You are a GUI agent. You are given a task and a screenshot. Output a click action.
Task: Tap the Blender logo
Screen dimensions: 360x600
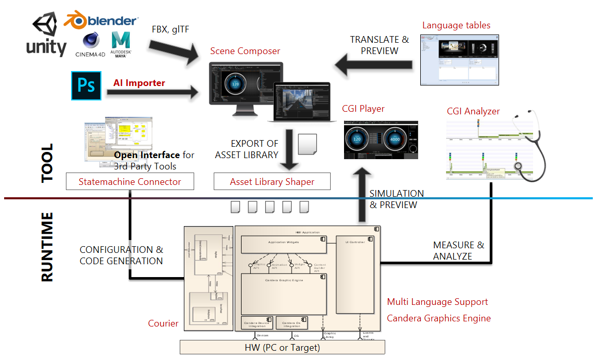pos(100,21)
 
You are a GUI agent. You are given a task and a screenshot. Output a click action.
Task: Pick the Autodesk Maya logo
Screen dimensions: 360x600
pos(122,44)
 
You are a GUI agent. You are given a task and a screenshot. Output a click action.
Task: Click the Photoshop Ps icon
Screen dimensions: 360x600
pos(87,86)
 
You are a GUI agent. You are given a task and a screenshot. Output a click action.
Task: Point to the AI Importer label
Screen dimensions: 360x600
pos(139,83)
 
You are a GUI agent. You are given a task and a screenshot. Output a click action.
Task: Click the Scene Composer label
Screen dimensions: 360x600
pos(245,51)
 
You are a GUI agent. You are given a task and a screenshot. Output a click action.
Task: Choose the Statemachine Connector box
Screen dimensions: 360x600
pos(130,181)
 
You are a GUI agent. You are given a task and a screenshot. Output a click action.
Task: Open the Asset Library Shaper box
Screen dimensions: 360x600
pos(272,181)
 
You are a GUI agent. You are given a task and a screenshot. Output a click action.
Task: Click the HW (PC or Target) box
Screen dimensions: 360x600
pos(282,347)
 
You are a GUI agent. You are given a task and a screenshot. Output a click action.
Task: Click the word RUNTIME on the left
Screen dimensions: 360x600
pos(47,247)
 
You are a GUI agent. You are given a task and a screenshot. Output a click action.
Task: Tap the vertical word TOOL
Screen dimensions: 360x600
pos(47,163)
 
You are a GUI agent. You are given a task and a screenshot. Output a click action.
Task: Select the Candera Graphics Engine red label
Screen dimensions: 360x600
pos(438,318)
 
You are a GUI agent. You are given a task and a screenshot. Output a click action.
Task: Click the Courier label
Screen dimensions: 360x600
pos(163,323)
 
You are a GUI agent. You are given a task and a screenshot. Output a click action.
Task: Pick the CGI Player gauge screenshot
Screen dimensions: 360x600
pos(381,140)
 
